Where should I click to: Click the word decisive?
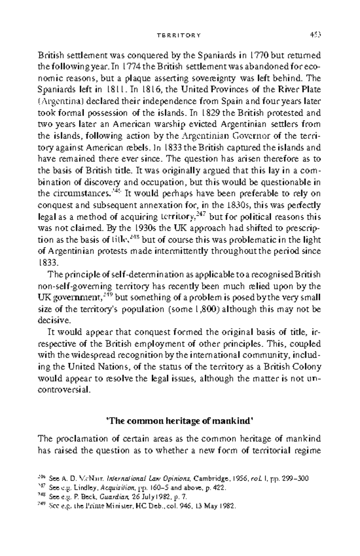pyautogui.click(x=54, y=320)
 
